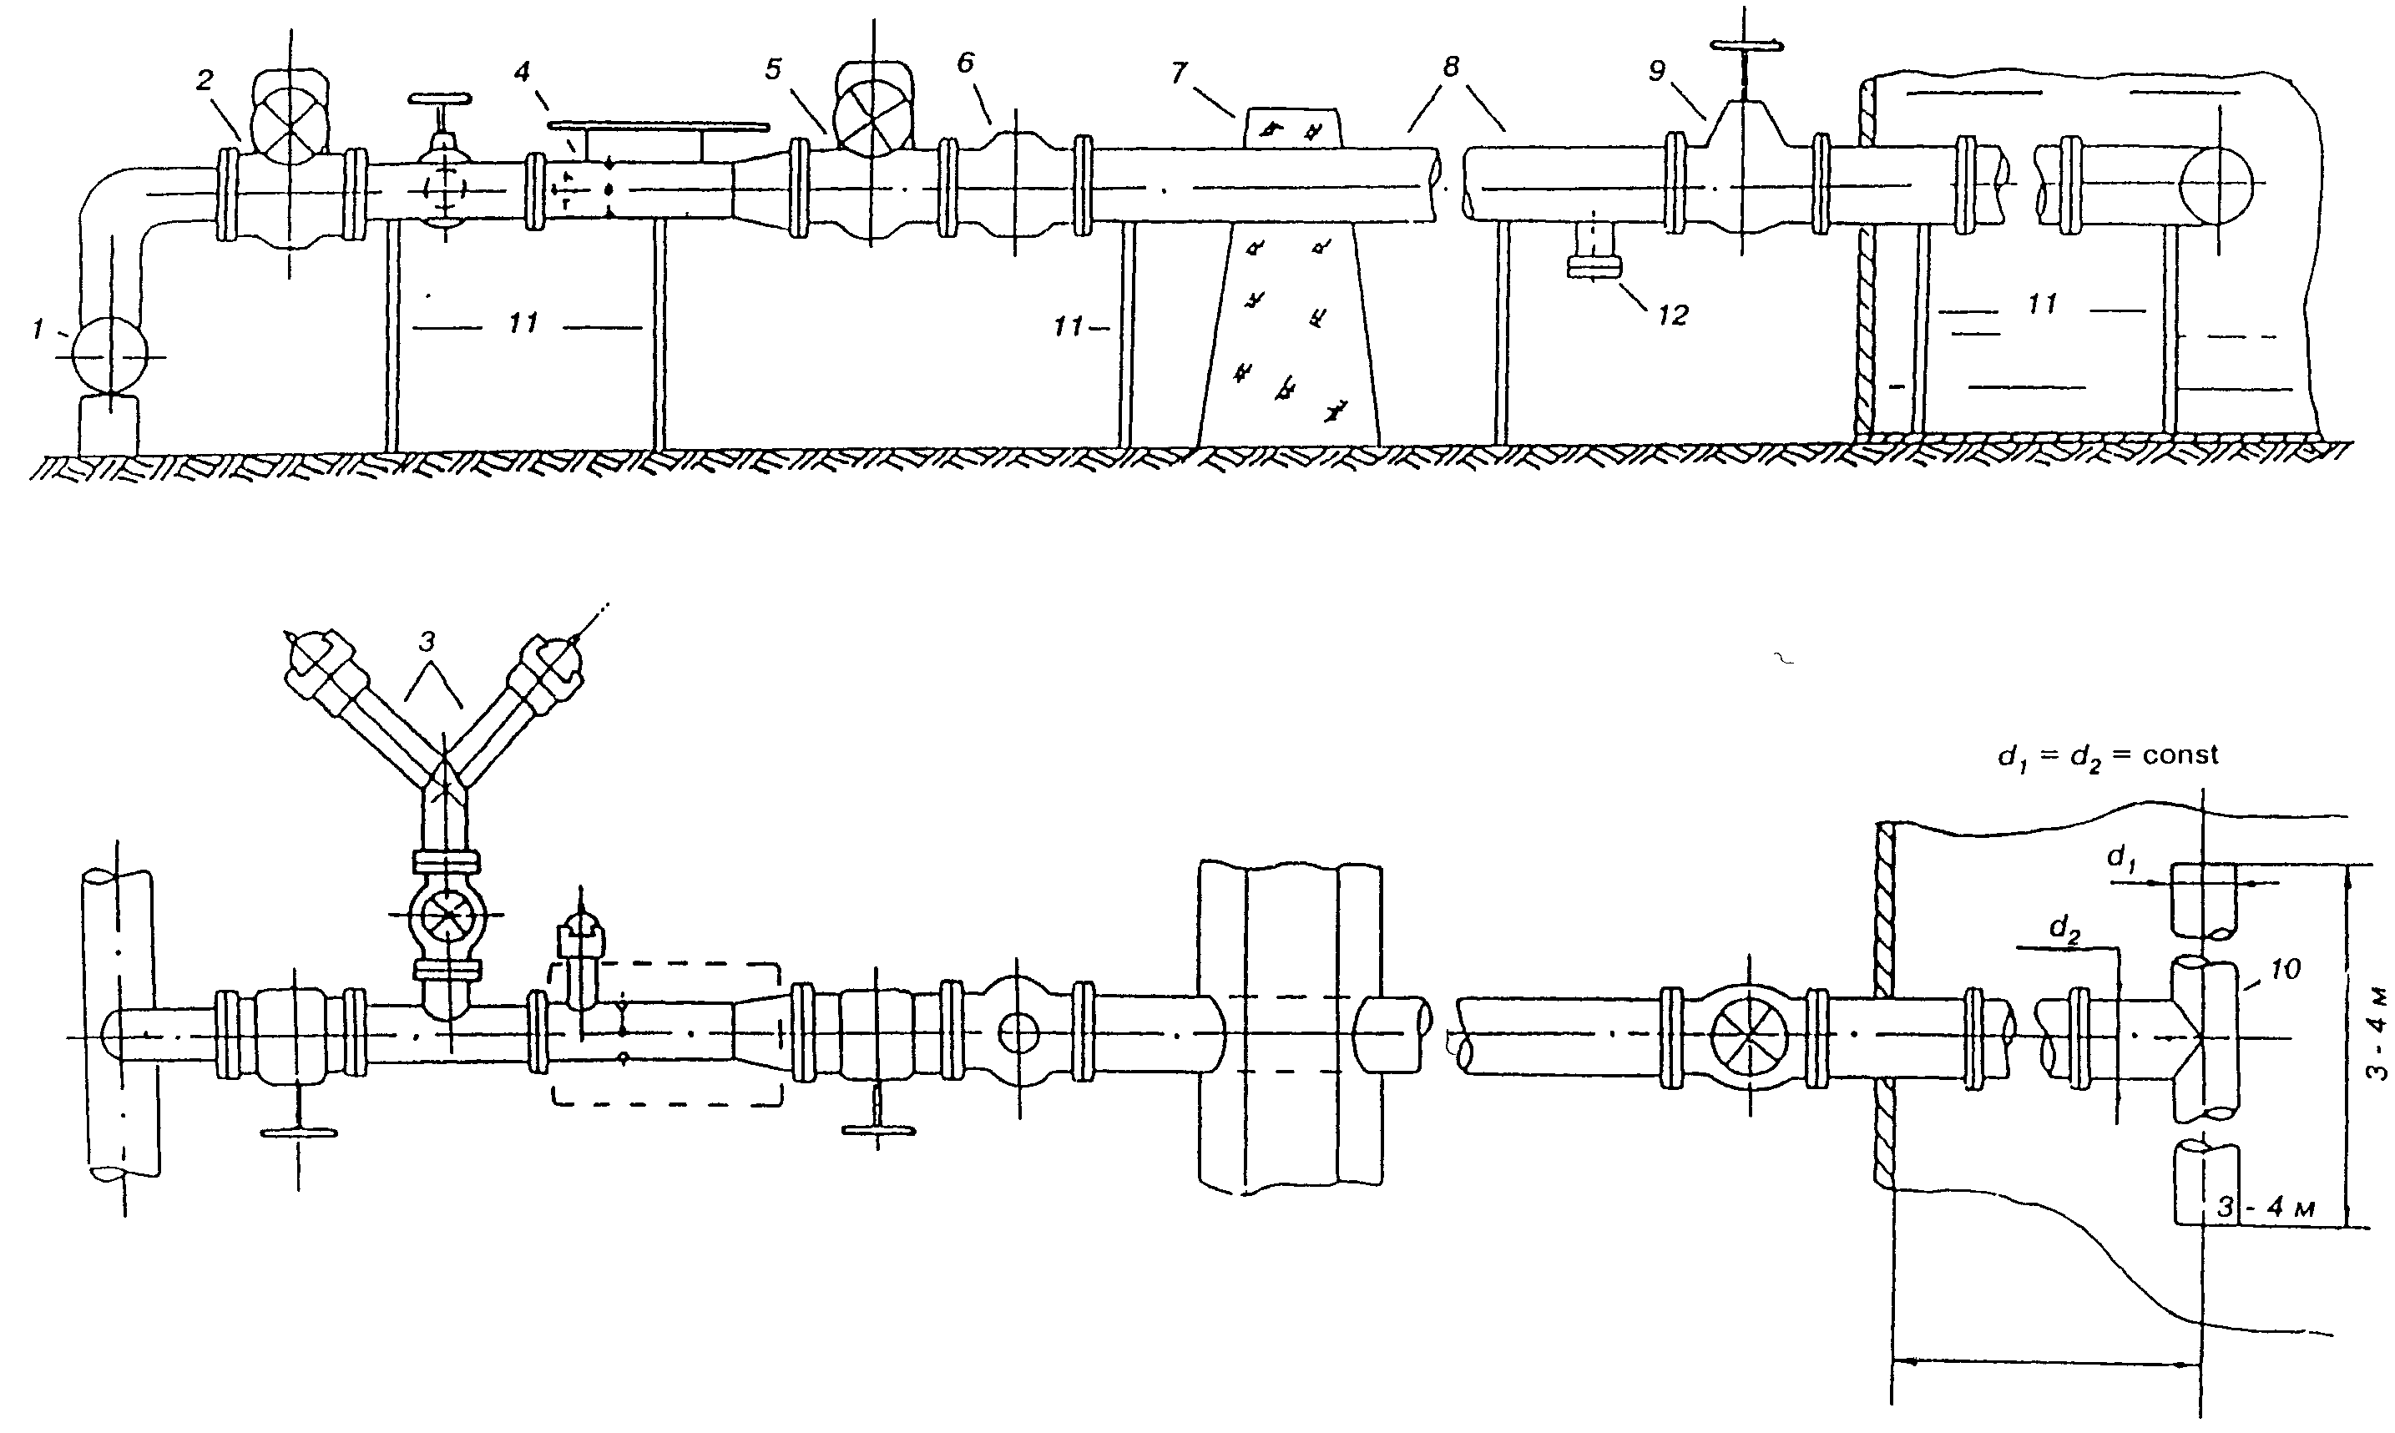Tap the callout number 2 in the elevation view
[x=204, y=80]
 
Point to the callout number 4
[x=522, y=73]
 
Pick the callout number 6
[x=966, y=63]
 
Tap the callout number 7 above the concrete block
[x=1178, y=74]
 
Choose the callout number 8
[x=1451, y=67]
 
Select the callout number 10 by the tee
[x=2285, y=968]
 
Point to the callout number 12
[x=1673, y=315]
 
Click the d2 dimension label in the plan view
[x=2064, y=930]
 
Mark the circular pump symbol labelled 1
[x=109, y=356]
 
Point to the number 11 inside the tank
[x=2042, y=304]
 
